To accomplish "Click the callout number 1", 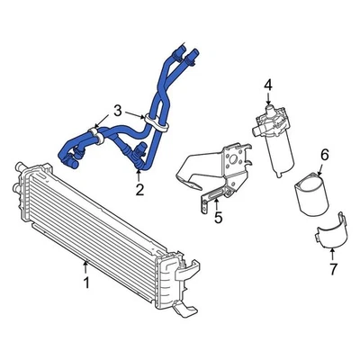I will coord(85,283).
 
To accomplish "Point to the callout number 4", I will coord(267,85).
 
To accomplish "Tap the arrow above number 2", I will coord(139,173).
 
